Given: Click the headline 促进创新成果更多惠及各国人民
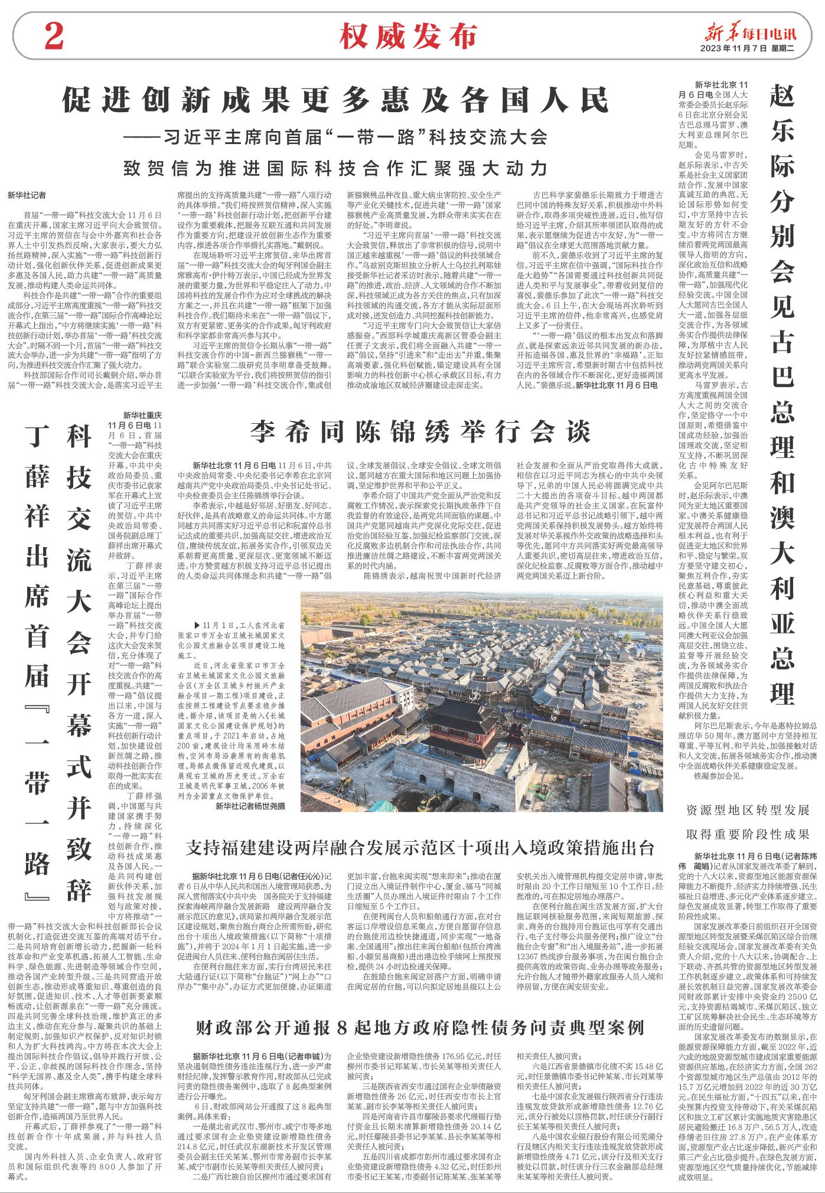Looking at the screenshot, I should pyautogui.click(x=335, y=101).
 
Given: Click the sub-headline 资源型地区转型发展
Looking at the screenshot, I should pyautogui.click(x=747, y=810).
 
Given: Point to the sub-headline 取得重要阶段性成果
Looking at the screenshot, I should pyautogui.click(x=747, y=834).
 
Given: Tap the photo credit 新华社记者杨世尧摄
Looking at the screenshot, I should pyautogui.click(x=250, y=805).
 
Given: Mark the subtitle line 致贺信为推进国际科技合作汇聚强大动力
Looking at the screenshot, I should pyautogui.click(x=335, y=168).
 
